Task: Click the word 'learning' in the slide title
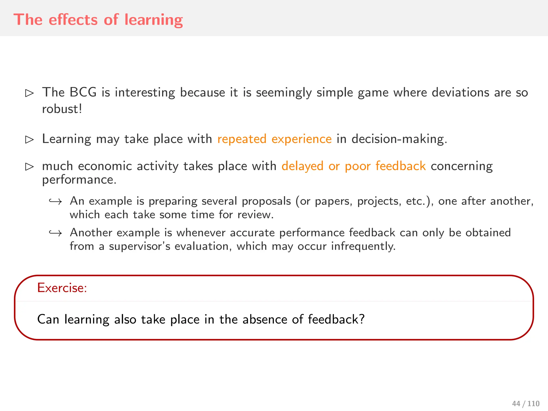tap(154, 20)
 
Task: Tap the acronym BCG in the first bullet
tap(83, 92)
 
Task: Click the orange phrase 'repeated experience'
tap(274, 139)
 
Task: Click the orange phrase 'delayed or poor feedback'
tap(353, 166)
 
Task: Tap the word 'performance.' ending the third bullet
tap(79, 180)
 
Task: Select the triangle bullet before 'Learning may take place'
tap(29, 139)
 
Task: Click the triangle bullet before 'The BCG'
tap(29, 93)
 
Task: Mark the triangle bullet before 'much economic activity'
tap(29, 167)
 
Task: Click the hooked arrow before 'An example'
tap(56, 201)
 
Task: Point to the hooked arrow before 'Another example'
tap(56, 233)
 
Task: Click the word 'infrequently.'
tap(363, 246)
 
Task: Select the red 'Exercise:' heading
tap(62, 288)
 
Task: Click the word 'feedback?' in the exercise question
tap(336, 319)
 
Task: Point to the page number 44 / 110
tap(526, 404)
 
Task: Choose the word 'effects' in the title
tap(73, 20)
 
